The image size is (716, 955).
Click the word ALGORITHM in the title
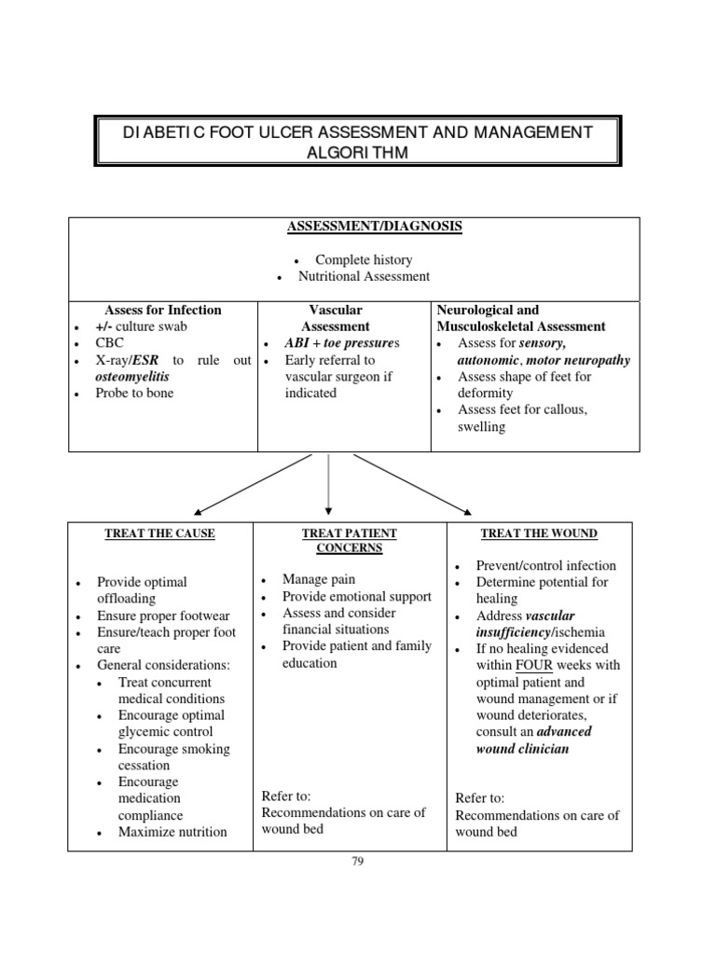[358, 153]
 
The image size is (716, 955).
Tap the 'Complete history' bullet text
[364, 260]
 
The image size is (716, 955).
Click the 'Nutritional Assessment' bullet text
[364, 276]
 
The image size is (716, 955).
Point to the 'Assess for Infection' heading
[163, 310]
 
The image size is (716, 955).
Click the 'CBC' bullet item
[110, 343]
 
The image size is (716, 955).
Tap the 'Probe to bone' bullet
[134, 393]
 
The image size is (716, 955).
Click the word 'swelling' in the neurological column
[481, 426]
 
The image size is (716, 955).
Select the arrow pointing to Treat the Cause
[252, 484]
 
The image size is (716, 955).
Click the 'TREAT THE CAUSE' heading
[159, 533]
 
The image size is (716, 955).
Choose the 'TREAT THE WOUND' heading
[539, 533]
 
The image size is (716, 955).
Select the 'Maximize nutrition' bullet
[172, 832]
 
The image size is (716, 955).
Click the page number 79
[357, 862]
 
